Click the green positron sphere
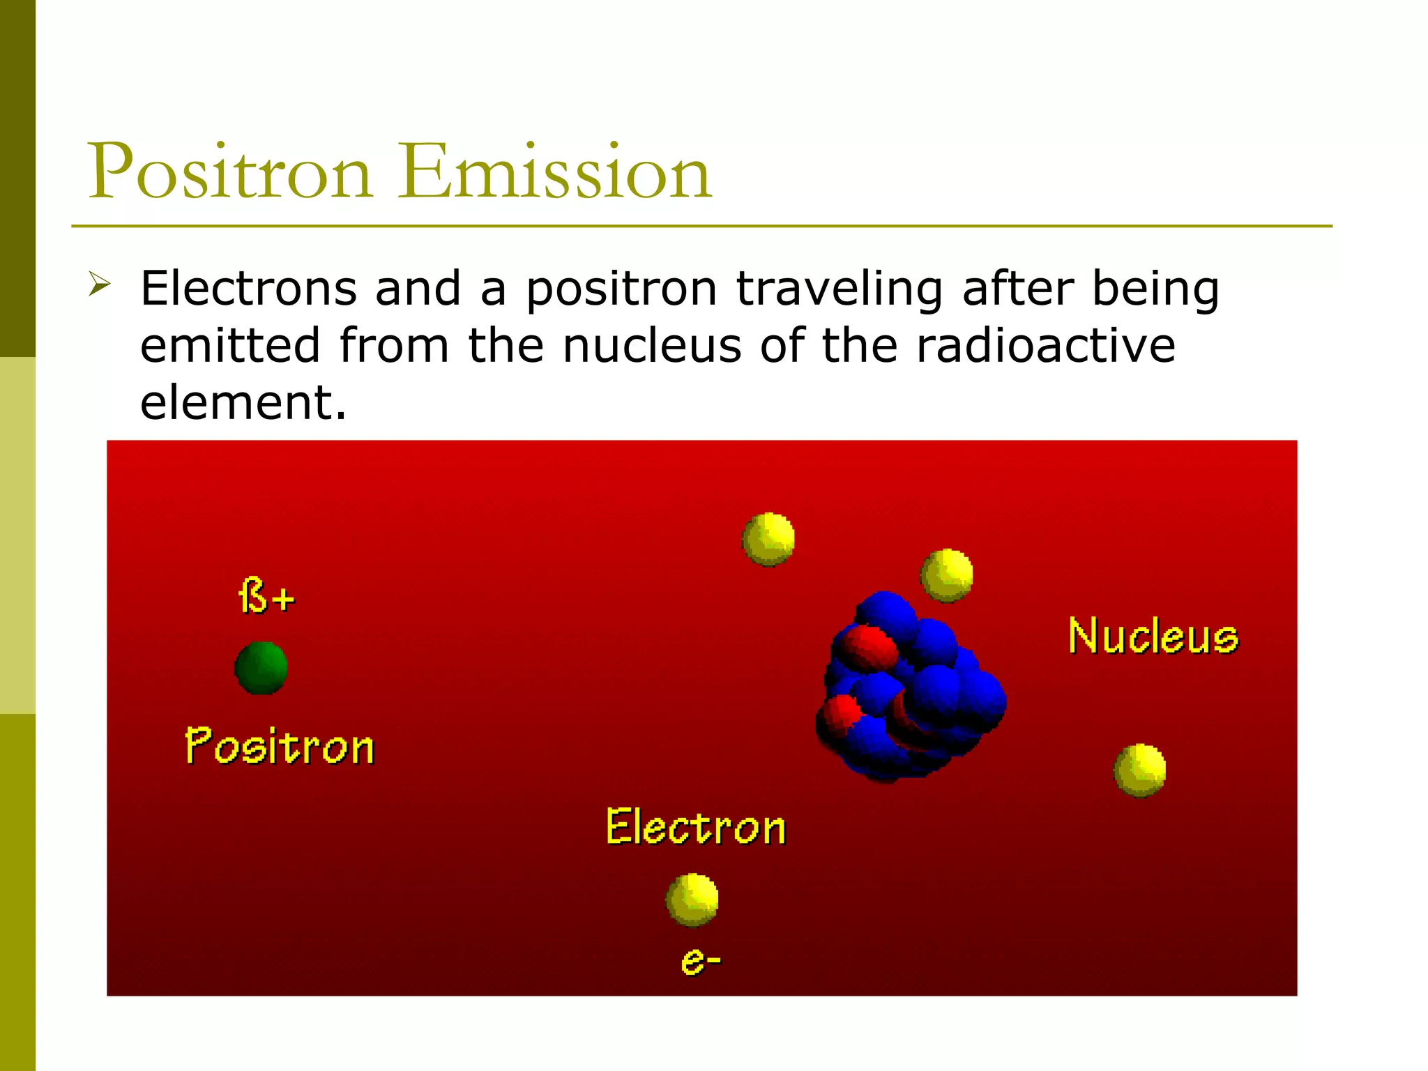[261, 668]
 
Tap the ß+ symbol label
[266, 596]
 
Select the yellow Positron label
[280, 747]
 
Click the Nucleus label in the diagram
[1153, 636]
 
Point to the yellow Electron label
[696, 828]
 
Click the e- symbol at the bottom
[700, 962]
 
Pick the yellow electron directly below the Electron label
[692, 899]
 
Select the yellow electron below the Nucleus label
[1139, 770]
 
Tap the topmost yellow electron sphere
[768, 539]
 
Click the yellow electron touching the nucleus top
[946, 576]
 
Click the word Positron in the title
[229, 172]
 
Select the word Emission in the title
[555, 172]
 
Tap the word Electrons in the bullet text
[248, 289]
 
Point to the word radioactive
[1045, 346]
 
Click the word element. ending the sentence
[243, 403]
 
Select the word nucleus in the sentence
[652, 346]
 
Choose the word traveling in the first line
[839, 290]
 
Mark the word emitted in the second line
[229, 346]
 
